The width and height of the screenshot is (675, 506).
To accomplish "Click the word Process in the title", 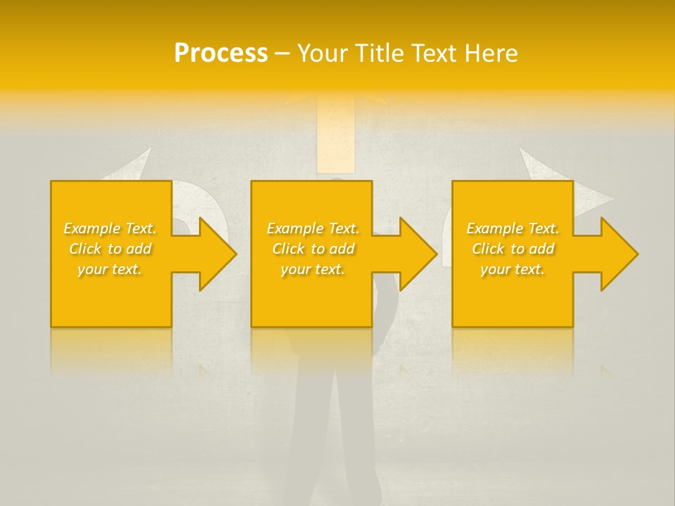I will click(221, 53).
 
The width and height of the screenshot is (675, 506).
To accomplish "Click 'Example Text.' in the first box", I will click(110, 228).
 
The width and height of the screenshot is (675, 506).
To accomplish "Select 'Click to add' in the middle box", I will click(313, 249).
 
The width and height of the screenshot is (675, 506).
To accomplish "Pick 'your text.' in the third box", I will click(513, 269).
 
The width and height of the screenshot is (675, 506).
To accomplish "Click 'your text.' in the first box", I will click(110, 269).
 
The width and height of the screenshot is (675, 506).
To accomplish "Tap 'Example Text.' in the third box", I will click(513, 228).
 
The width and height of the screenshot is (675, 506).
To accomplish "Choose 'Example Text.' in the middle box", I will click(313, 228).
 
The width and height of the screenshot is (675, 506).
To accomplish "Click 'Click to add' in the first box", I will click(110, 249).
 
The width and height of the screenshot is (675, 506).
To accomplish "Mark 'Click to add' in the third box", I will click(513, 249).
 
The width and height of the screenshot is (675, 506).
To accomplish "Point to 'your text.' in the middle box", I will click(313, 269).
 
